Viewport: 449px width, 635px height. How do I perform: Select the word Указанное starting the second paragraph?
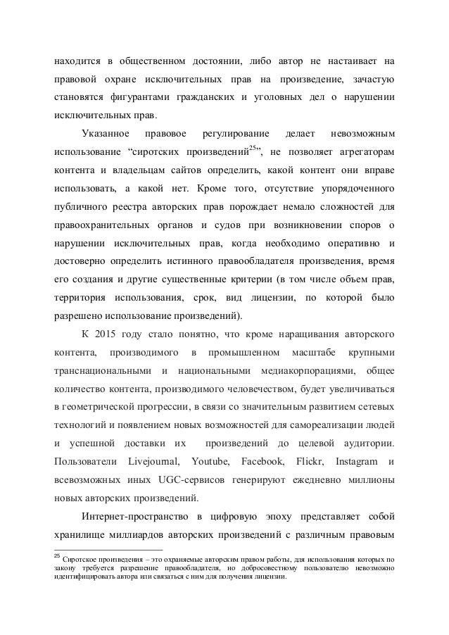104,133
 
